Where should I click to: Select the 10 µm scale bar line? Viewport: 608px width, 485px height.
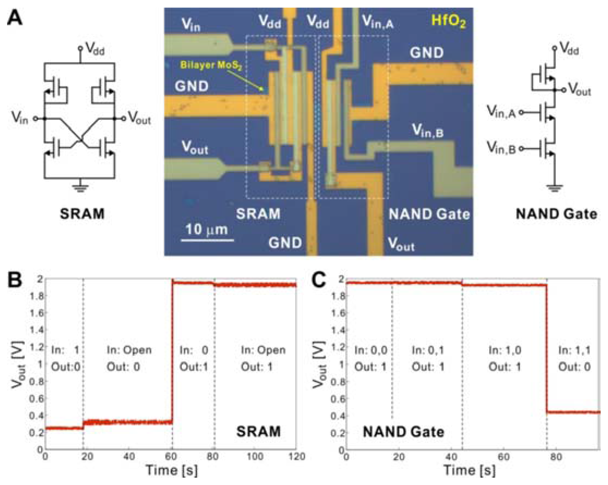(x=207, y=240)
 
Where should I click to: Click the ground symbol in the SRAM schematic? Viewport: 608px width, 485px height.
(x=80, y=187)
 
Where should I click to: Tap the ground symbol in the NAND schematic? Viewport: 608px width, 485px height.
(x=554, y=187)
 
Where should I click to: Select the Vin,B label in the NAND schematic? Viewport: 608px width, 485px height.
(x=501, y=147)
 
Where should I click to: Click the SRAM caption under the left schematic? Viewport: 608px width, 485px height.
(x=82, y=213)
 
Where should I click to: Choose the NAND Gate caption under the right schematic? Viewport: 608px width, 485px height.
(x=556, y=214)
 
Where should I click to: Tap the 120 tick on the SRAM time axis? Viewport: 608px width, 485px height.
(x=297, y=456)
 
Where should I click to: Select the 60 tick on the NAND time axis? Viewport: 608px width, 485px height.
(x=503, y=456)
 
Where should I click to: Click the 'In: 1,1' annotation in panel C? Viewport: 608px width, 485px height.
(x=574, y=350)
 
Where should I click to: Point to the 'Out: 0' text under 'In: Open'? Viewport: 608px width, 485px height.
(x=123, y=367)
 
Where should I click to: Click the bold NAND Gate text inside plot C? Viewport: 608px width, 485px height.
(x=403, y=432)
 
